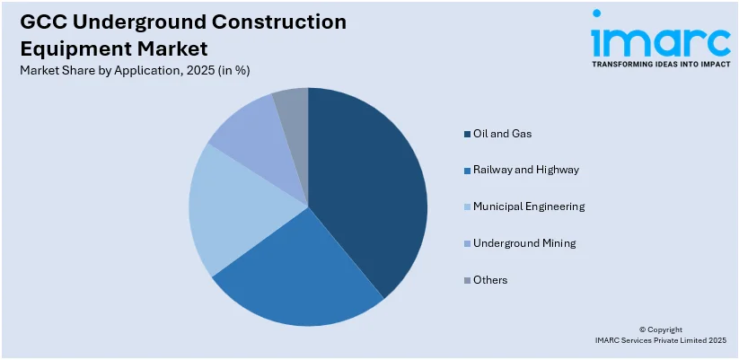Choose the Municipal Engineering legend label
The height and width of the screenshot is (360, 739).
pos(529,206)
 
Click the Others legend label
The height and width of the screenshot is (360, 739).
pos(490,280)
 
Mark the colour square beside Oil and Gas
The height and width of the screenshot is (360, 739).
pos(467,134)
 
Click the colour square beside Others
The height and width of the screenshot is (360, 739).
pos(467,280)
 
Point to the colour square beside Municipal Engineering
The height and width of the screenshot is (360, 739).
pos(467,206)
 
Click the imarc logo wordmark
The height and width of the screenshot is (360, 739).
pos(659,40)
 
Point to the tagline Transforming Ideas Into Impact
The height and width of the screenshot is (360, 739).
pos(660,65)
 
